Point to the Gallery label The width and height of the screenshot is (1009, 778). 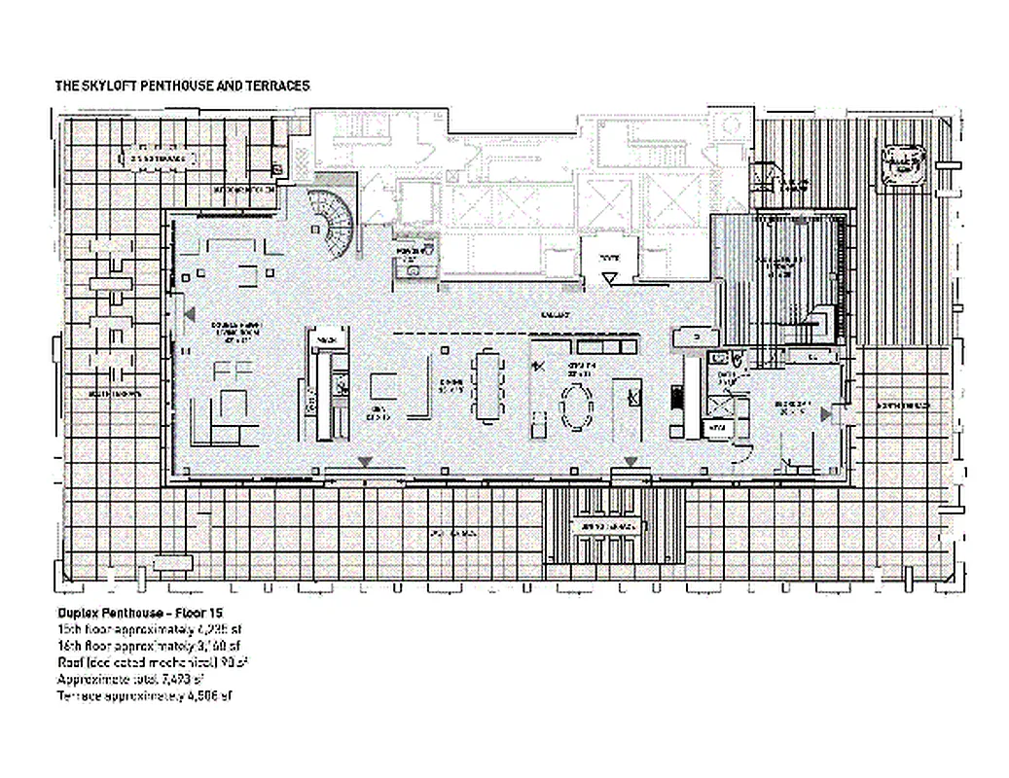[556, 314]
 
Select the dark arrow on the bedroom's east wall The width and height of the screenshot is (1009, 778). [826, 414]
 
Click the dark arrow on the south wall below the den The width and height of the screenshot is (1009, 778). [364, 460]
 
